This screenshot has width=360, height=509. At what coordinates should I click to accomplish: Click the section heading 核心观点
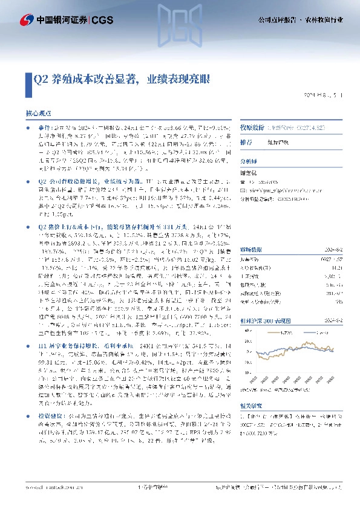[x=38, y=112]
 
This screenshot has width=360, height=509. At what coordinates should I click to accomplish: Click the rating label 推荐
[x=246, y=143]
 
